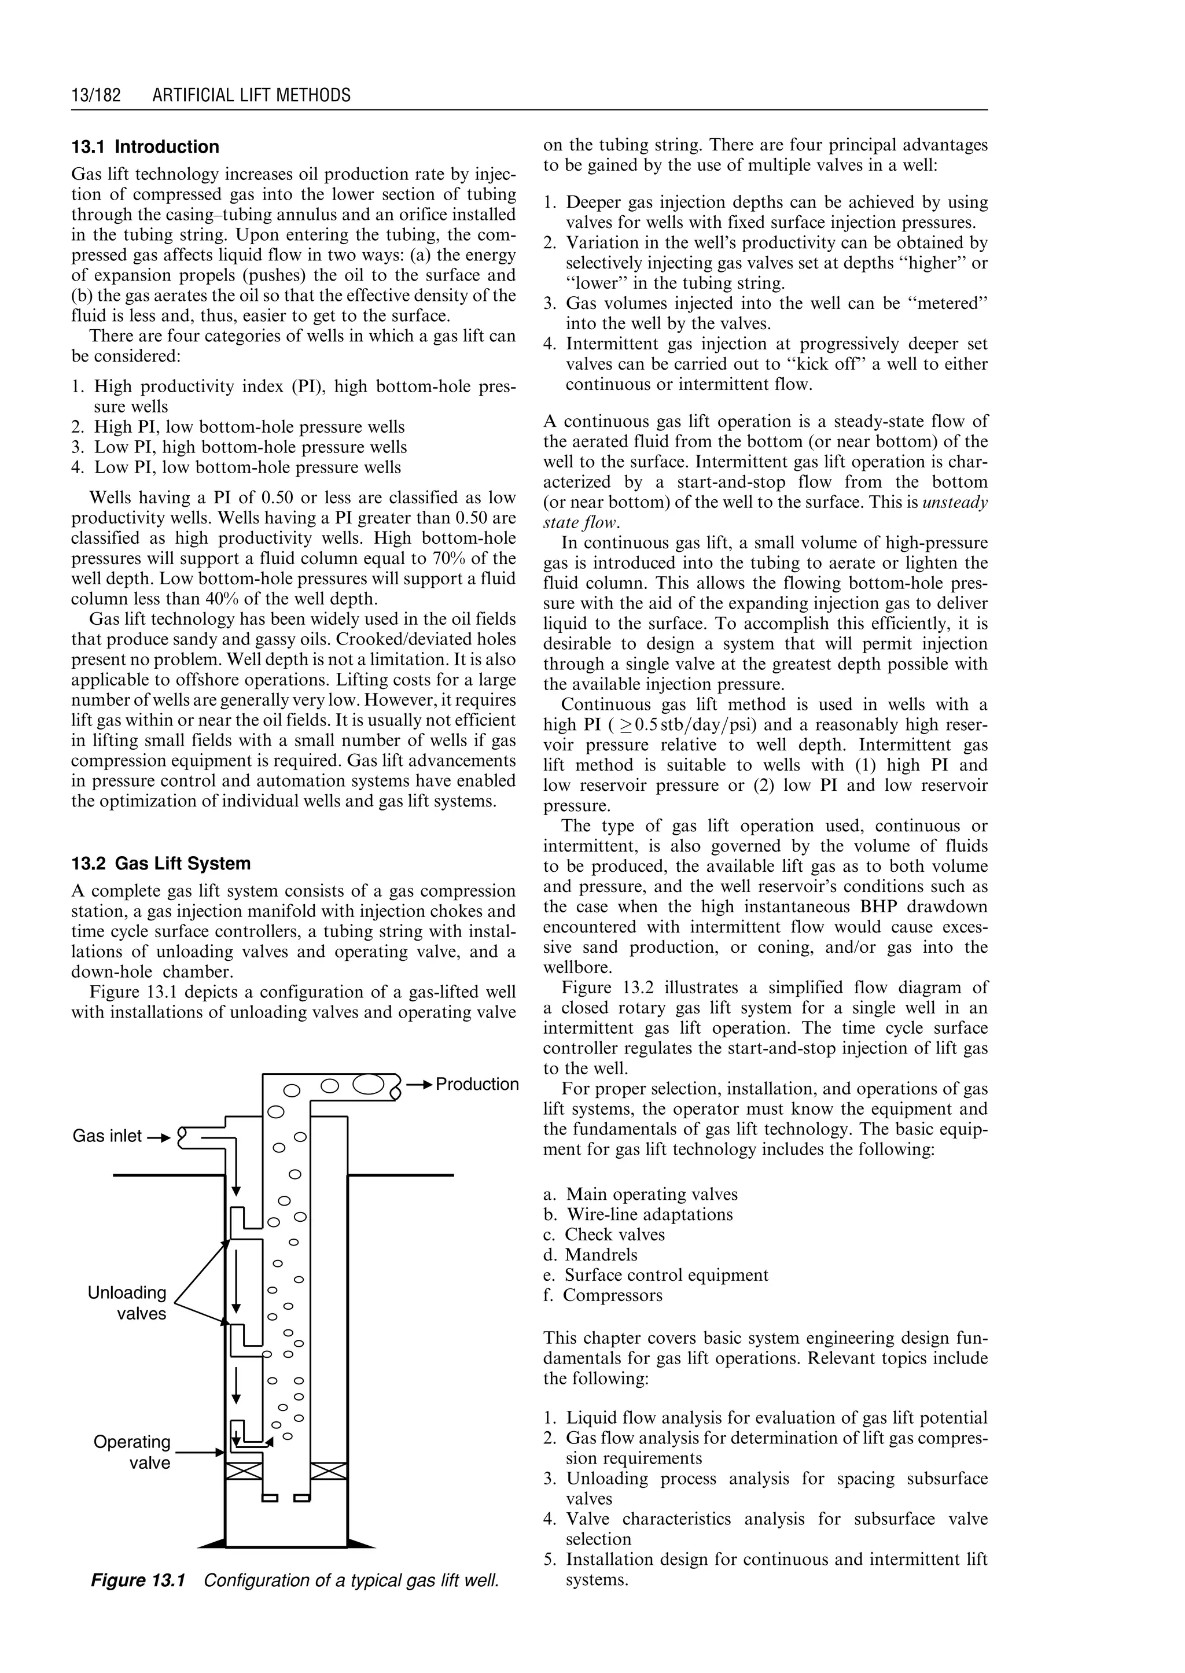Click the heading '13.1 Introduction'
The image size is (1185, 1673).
click(145, 148)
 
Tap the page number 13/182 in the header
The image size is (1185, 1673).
click(95, 95)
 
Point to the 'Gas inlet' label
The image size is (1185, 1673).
click(107, 1136)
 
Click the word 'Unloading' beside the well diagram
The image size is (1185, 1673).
click(127, 1293)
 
